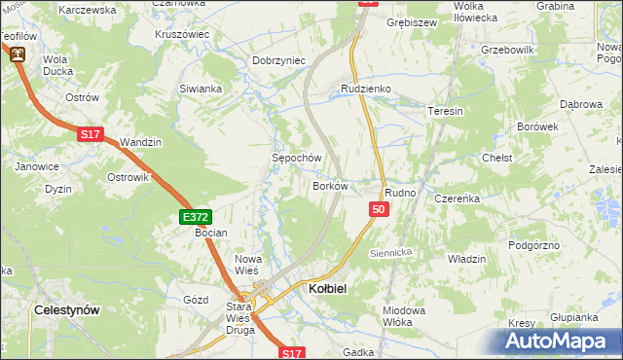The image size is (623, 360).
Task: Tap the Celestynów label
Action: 67,308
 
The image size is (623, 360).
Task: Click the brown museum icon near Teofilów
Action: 18,55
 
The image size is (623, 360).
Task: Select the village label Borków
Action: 330,185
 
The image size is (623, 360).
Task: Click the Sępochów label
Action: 296,158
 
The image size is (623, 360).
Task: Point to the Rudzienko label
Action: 365,89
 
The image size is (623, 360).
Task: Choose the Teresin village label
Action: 445,112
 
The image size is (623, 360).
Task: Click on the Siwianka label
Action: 201,89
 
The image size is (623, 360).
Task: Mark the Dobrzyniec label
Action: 279,60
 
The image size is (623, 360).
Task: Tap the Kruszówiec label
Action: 182,34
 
